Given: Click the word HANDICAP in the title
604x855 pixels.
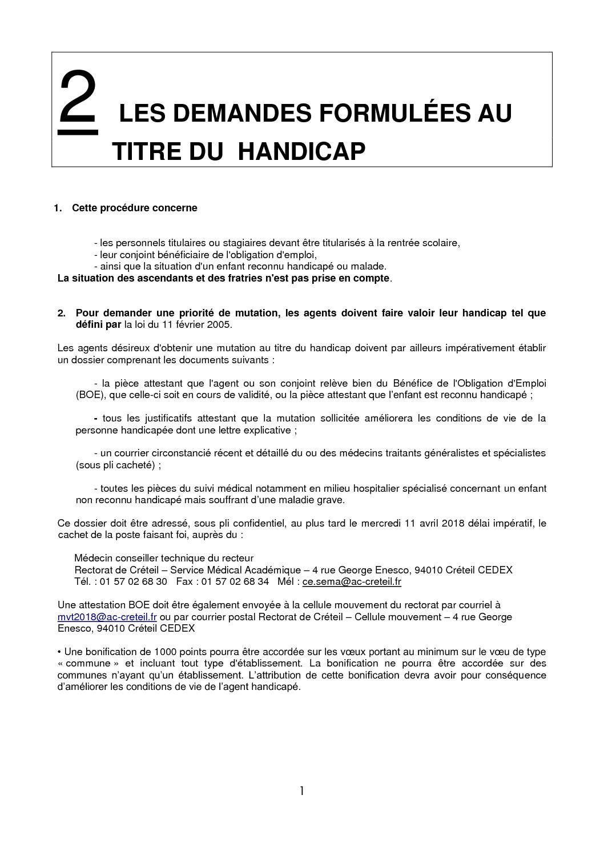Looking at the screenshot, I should click(301, 152).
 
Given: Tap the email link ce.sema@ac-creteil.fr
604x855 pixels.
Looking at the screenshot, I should click(352, 582).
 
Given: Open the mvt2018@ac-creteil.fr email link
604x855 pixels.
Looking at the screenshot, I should click(107, 617).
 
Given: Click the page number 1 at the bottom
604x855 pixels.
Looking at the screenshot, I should click(302, 791).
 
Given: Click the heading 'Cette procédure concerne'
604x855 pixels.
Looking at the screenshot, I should click(134, 208).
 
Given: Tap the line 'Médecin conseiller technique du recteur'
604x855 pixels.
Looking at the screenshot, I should click(164, 558).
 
